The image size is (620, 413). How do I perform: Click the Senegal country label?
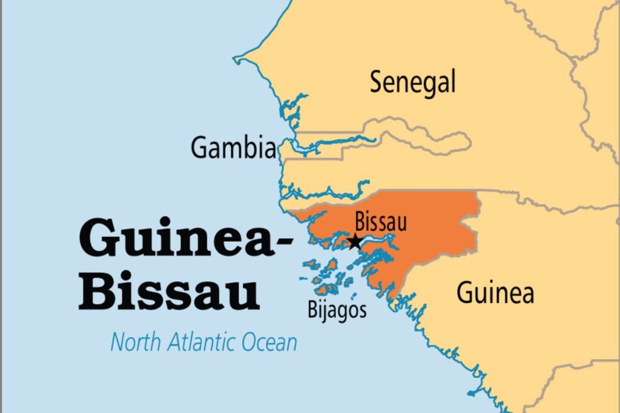pyautogui.click(x=412, y=83)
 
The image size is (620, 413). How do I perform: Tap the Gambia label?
pyautogui.click(x=233, y=148)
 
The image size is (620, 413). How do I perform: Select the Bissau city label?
pyautogui.click(x=380, y=222)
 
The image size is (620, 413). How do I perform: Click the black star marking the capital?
pyautogui.click(x=355, y=242)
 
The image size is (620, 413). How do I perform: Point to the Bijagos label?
pyautogui.click(x=337, y=311)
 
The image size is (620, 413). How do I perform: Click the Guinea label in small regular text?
pyautogui.click(x=495, y=293)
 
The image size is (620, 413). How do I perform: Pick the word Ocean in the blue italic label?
pyautogui.click(x=269, y=342)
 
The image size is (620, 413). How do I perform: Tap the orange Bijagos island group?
pyautogui.click(x=327, y=275)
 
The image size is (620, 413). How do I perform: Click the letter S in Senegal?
pyautogui.click(x=377, y=83)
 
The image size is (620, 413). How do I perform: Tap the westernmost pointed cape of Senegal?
pyautogui.click(x=236, y=59)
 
